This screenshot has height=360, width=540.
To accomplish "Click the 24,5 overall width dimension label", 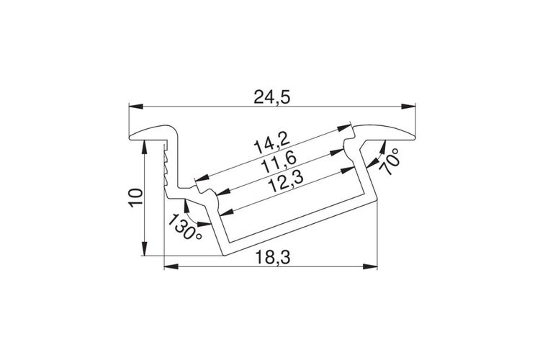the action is click(272, 96).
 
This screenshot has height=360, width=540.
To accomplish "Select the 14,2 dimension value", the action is click(270, 144).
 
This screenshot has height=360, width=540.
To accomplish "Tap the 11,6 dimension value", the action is click(278, 163).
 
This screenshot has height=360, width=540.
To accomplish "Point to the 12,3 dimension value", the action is click(286, 183).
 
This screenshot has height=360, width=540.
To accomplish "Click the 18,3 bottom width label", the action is click(273, 257).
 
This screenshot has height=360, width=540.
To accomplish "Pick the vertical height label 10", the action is click(136, 198).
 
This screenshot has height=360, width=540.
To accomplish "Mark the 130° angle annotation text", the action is click(184, 227).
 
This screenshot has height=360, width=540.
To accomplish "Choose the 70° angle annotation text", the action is click(390, 161).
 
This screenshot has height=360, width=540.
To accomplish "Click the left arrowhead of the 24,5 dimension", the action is click(136, 106).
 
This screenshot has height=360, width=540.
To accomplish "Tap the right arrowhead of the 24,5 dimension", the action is click(408, 106).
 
